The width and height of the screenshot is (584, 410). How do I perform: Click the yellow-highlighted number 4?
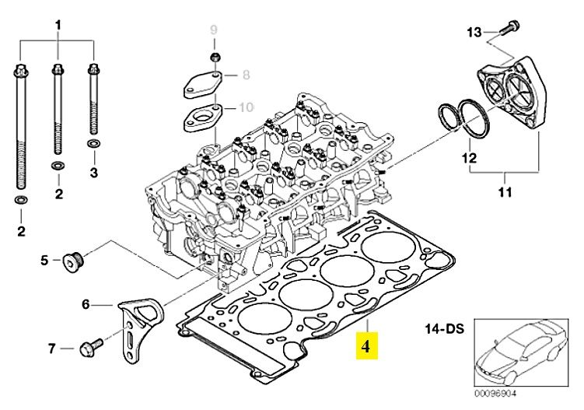point(365,346)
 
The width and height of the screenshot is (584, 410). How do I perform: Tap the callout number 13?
point(474,33)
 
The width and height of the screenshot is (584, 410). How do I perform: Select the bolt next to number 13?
point(509,28)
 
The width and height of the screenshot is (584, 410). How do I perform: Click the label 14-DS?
point(445,329)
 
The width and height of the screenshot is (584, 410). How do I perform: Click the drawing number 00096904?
point(495,393)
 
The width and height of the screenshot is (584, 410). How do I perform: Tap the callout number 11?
point(505,192)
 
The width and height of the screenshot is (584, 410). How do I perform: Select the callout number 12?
point(469,158)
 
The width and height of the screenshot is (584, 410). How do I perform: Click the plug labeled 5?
point(73,262)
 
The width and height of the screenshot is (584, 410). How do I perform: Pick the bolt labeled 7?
point(91,348)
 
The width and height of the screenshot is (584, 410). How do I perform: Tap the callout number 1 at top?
point(58,26)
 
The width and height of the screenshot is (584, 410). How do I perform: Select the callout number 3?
point(94,173)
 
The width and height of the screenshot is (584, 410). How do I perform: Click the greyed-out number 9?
point(213,30)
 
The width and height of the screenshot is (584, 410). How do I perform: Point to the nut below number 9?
point(215,58)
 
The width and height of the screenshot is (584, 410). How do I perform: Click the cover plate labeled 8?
point(202,86)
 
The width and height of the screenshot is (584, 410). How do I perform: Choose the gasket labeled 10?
point(203,117)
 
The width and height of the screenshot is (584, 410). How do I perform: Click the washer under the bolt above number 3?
point(93,143)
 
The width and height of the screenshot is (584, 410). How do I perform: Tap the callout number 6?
point(86,305)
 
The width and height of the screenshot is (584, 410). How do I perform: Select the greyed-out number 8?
point(246,75)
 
